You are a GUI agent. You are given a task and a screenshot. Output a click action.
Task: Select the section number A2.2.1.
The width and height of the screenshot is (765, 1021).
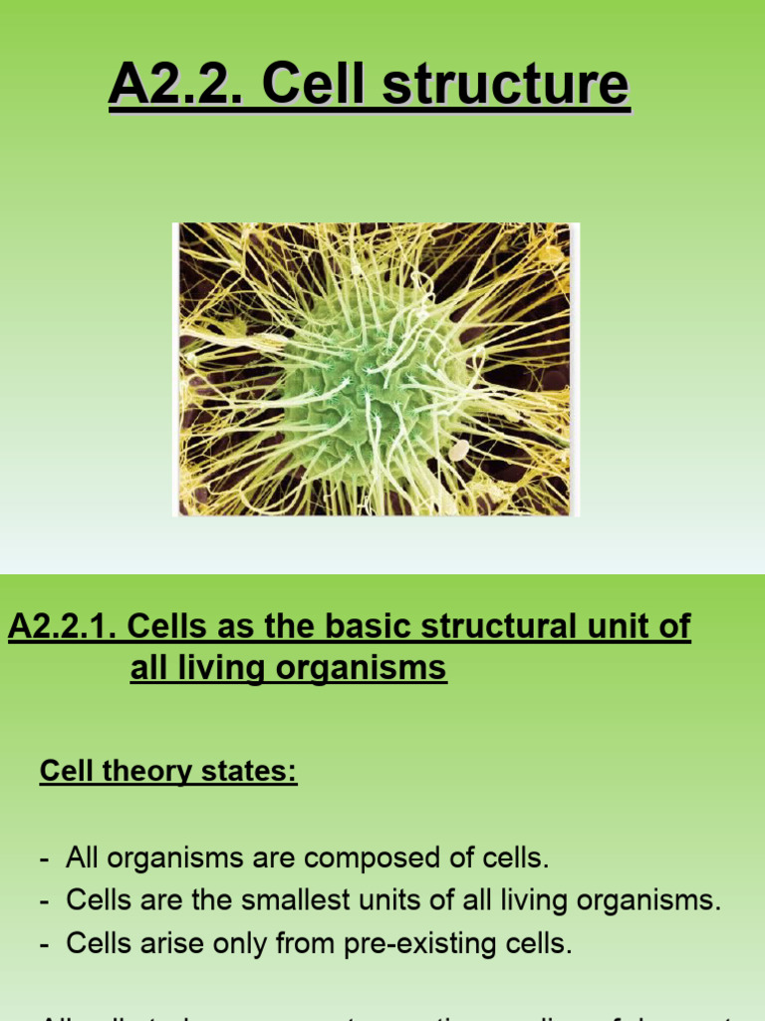coord(62,627)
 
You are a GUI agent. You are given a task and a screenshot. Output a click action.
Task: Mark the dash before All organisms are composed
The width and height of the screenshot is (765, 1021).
coord(45,858)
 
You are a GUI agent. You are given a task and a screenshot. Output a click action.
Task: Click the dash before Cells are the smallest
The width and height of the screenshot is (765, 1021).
coord(45,901)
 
